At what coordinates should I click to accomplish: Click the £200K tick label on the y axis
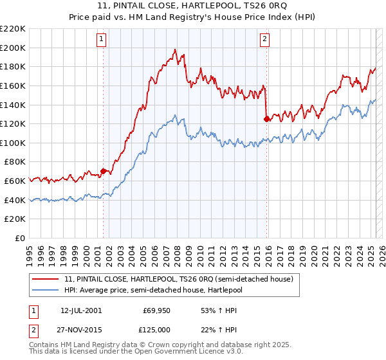coord(13,48)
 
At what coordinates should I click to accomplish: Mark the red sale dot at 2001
coord(103,172)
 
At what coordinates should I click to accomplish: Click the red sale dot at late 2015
coord(266,119)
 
